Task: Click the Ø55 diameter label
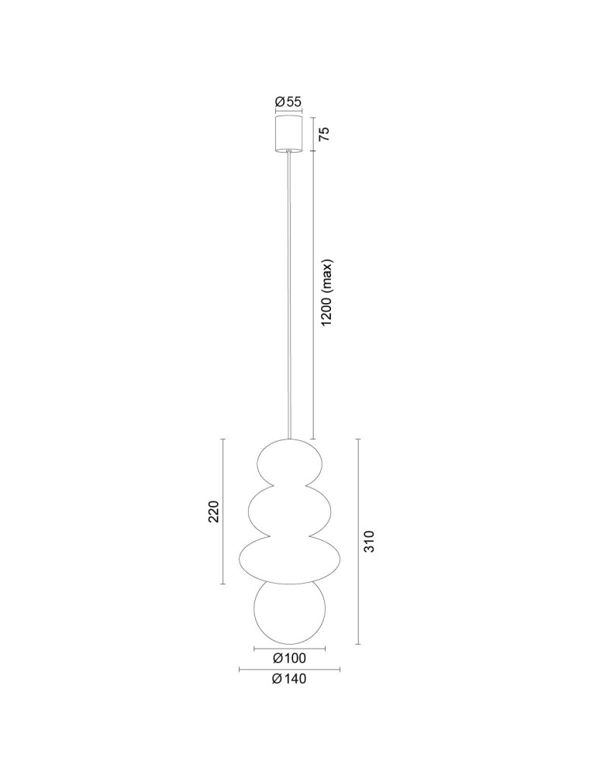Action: point(289,102)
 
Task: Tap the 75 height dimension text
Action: point(326,133)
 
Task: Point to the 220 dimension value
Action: point(214,511)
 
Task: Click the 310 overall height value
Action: point(369,541)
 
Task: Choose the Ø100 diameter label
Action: point(289,659)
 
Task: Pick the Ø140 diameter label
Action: point(289,680)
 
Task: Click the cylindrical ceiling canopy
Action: point(289,133)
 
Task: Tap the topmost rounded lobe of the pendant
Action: point(290,463)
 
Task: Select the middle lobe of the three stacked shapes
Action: point(290,511)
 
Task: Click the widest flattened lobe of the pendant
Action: point(290,560)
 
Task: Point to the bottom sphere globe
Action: point(290,612)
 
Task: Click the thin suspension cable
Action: point(291,294)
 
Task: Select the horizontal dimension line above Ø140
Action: point(289,670)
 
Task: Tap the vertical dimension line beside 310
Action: point(357,541)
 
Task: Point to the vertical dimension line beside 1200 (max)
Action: point(313,294)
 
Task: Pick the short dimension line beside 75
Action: point(313,133)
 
